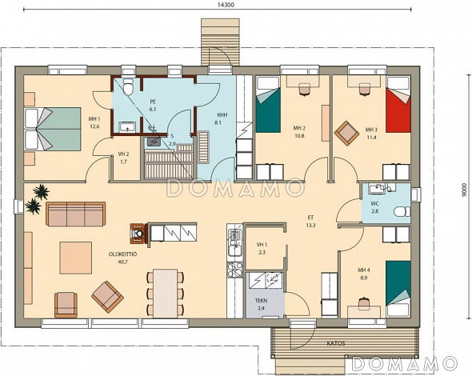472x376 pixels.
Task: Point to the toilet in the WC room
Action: coord(402,211)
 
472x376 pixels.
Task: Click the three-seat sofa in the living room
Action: coord(76,214)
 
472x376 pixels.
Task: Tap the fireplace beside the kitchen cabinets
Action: coord(139,234)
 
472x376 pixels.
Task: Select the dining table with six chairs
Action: coord(166,294)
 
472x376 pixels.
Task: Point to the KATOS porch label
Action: coord(336,343)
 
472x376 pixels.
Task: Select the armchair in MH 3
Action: coord(347,134)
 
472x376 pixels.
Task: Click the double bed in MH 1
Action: coord(53,129)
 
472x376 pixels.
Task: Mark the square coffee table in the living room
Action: coord(76,258)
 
